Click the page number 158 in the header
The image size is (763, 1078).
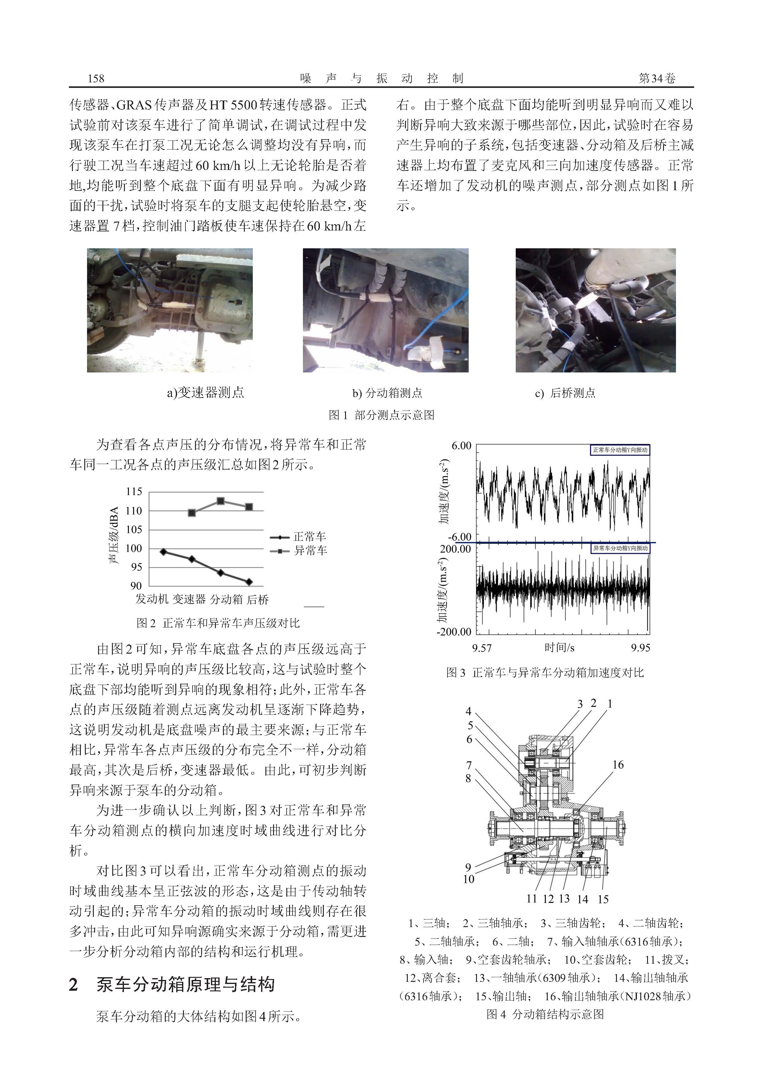96,78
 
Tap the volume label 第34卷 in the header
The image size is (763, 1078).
657,78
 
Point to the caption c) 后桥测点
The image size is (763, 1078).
565,393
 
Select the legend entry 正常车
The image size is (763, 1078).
309,537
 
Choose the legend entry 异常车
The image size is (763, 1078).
310,550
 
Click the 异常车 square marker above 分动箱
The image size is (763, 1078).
220,501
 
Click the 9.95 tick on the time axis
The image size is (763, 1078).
640,648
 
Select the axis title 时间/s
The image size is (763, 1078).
559,648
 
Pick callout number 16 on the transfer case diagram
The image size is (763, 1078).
618,765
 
